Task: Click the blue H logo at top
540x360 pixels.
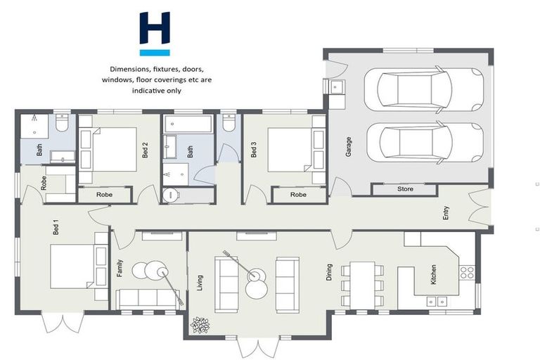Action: (155, 33)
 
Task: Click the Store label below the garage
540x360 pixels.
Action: (406, 189)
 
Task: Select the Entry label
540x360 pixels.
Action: (446, 213)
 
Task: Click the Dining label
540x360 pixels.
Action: (329, 272)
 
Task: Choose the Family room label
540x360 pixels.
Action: (120, 269)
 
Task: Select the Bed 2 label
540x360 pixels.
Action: (145, 150)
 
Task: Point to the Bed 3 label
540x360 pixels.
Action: (254, 150)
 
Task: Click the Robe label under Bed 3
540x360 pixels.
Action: (299, 195)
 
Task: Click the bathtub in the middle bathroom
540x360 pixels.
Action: (188, 124)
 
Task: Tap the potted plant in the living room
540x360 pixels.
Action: (201, 325)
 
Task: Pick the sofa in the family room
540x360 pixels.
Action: (148, 298)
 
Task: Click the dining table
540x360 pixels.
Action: (362, 285)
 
